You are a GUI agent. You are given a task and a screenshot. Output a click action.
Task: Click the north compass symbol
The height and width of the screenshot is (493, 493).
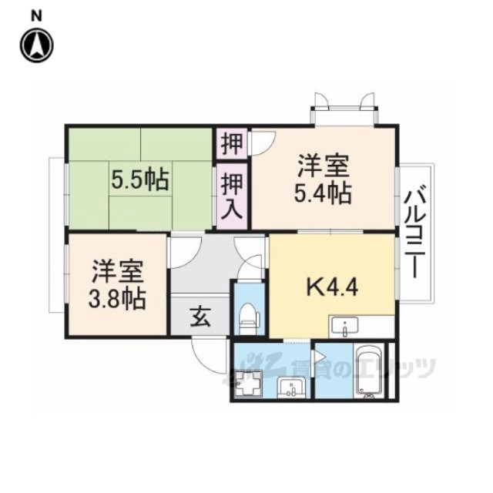[x=37, y=45]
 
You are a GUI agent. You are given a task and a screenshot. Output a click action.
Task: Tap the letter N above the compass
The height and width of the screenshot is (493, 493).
[x=36, y=16]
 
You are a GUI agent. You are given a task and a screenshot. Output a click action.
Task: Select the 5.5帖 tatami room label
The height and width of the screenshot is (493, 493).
[x=140, y=180]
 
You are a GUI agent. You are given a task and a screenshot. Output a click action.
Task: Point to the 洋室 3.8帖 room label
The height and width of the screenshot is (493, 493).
[x=117, y=285]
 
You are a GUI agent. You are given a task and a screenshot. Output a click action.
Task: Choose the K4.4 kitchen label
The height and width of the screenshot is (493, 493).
[x=332, y=287]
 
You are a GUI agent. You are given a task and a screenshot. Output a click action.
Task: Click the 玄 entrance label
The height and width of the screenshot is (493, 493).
[x=200, y=317]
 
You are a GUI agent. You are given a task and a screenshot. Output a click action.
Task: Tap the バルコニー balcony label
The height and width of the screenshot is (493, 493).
[x=415, y=232]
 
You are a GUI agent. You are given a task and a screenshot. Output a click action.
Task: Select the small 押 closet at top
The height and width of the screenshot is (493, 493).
[x=232, y=144]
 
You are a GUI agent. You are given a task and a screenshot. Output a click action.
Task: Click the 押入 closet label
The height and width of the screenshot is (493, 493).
[x=232, y=196]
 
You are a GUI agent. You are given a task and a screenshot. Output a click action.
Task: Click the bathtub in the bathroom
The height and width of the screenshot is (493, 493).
[x=370, y=371]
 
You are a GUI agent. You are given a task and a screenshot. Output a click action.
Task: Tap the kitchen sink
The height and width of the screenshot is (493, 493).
[x=344, y=327]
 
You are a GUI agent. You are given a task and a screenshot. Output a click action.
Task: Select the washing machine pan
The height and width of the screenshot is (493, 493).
[x=248, y=384]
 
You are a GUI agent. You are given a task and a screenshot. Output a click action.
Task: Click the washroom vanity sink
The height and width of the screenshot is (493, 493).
[x=291, y=388]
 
